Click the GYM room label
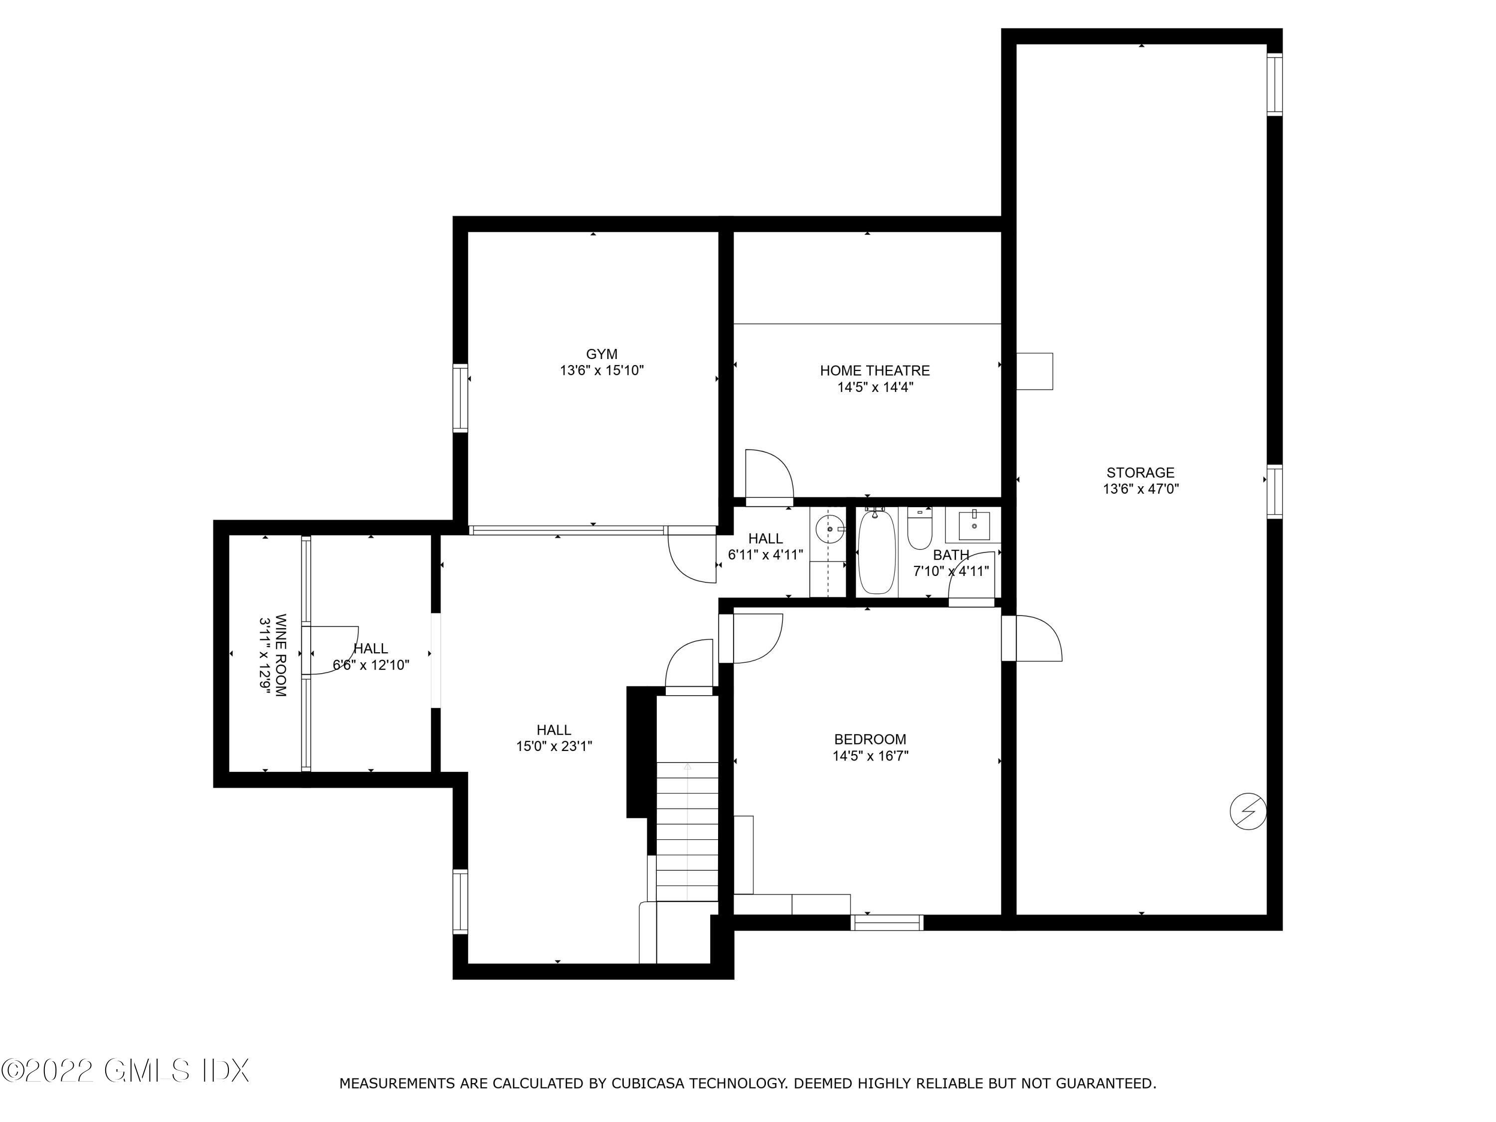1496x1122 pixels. pyautogui.click(x=601, y=354)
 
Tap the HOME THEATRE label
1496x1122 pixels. pyautogui.click(x=875, y=371)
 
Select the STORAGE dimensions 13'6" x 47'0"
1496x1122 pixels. pyautogui.click(x=1140, y=489)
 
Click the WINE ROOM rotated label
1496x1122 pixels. pyautogui.click(x=274, y=655)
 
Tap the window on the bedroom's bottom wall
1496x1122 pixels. pyautogui.click(x=887, y=923)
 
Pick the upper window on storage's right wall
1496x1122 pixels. pyautogui.click(x=1274, y=85)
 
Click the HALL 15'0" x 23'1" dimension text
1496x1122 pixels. pyautogui.click(x=554, y=747)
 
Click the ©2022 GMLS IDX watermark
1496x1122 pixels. pyautogui.click(x=126, y=1071)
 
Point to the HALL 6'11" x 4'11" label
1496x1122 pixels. pyautogui.click(x=765, y=547)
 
